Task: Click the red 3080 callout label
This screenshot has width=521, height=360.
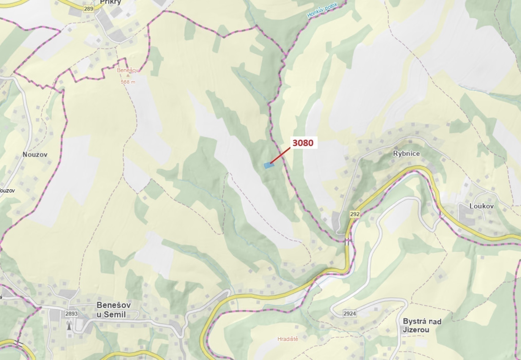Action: (x=303, y=143)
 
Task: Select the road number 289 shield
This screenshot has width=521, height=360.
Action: (x=89, y=9)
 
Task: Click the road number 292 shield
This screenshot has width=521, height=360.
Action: (x=355, y=214)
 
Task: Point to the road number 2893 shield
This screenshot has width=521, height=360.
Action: (x=72, y=314)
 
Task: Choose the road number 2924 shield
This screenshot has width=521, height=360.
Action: (x=350, y=313)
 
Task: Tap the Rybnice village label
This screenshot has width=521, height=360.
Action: (x=406, y=153)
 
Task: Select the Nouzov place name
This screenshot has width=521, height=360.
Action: (x=35, y=154)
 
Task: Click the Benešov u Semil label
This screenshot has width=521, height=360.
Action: (x=113, y=310)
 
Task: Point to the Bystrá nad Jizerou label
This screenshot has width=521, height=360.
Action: (x=422, y=325)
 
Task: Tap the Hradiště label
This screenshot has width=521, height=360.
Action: (x=288, y=339)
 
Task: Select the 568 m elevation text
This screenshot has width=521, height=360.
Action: (x=128, y=82)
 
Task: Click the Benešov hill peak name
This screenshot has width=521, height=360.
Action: (x=127, y=70)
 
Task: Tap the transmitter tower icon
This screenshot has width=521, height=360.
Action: (x=69, y=326)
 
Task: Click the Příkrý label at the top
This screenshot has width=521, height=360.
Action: (x=111, y=2)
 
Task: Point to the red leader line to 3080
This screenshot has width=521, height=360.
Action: (x=280, y=155)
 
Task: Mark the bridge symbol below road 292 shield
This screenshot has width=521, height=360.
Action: (x=348, y=242)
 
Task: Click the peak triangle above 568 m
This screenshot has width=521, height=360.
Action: (x=127, y=76)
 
